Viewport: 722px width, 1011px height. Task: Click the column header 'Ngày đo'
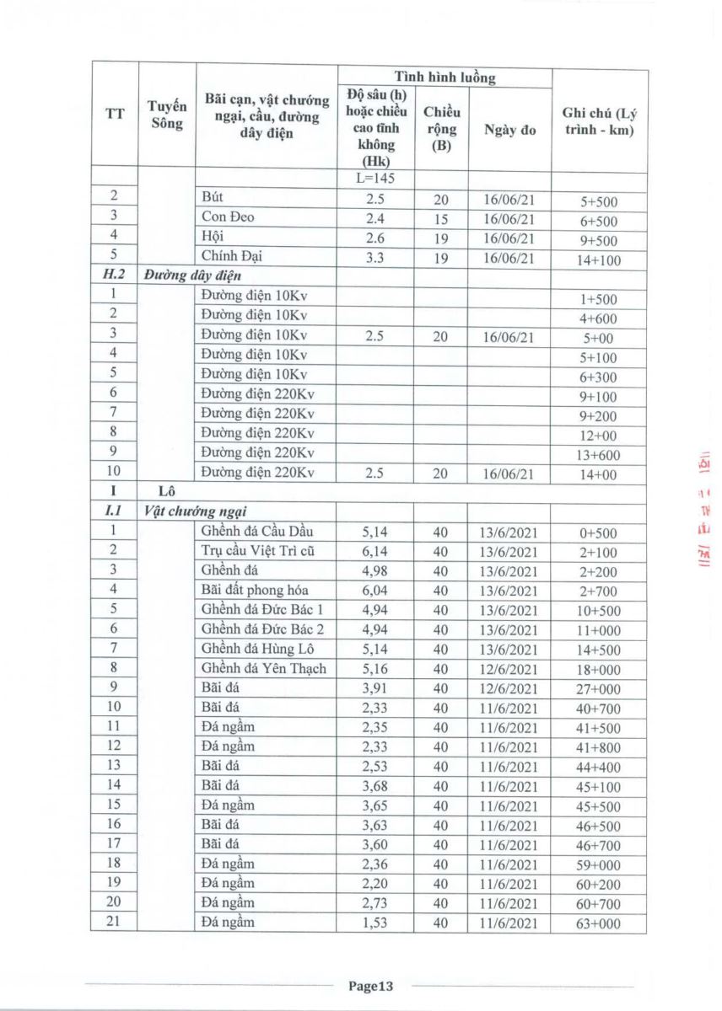click(x=510, y=130)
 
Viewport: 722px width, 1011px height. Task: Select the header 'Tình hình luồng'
click(x=445, y=78)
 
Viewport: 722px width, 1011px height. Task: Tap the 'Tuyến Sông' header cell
click(x=166, y=114)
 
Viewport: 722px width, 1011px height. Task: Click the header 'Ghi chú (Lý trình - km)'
click(x=598, y=122)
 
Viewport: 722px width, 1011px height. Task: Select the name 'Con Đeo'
click(x=228, y=217)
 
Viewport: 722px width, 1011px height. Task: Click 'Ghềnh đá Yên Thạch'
click(x=263, y=668)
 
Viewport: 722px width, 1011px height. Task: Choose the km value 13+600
click(x=598, y=455)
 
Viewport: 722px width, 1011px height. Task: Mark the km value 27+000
click(x=598, y=688)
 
